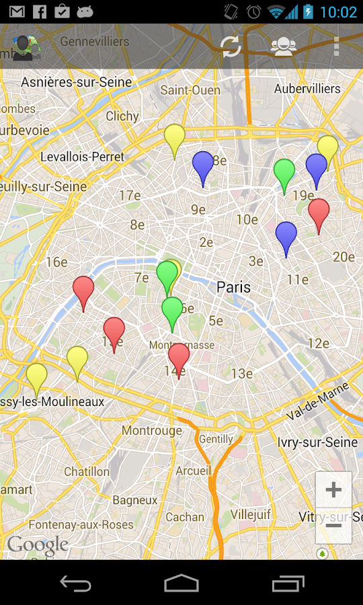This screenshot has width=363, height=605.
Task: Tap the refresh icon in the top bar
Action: [231, 46]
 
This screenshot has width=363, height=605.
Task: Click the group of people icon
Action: [284, 46]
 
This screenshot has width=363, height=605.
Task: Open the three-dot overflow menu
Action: [336, 46]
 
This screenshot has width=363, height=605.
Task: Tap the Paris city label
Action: [233, 287]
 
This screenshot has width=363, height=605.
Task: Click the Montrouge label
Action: [152, 430]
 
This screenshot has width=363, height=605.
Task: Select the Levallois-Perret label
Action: [82, 157]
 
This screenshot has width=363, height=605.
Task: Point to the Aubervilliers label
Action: [307, 88]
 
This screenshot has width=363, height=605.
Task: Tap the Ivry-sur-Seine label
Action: [317, 442]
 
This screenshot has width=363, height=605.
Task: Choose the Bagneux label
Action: [135, 499]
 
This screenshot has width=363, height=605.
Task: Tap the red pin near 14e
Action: [179, 358]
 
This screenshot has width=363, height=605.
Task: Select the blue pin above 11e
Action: [286, 236]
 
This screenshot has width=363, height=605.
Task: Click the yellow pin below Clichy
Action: [175, 138]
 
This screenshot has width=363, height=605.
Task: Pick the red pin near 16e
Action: [83, 290]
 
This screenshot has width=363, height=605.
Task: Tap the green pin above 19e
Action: [284, 173]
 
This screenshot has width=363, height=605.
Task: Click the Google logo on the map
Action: [38, 544]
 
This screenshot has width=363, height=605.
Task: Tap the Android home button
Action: [182, 583]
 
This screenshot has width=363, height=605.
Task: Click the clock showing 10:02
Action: [338, 11]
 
